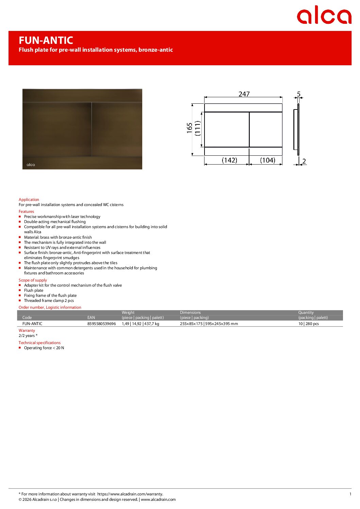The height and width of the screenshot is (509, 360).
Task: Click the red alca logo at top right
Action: [324, 15]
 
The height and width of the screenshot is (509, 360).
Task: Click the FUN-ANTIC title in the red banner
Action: [46, 40]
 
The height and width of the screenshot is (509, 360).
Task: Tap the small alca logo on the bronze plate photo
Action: [31, 165]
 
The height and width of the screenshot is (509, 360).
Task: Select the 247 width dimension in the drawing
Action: [244, 94]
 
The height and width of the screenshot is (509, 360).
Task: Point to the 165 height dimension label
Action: [190, 128]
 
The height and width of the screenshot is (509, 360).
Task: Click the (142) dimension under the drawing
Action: [229, 160]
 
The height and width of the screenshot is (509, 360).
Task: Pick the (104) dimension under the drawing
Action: [267, 160]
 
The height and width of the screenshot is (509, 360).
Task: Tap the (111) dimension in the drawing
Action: [198, 128]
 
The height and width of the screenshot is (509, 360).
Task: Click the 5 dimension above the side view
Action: [299, 94]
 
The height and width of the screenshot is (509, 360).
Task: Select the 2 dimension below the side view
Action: [304, 161]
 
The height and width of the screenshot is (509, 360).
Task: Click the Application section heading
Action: [29, 200]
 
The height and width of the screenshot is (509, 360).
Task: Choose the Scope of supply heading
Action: [33, 280]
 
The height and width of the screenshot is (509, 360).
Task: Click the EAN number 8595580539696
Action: [101, 324]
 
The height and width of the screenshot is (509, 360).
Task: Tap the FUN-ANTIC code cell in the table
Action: [32, 324]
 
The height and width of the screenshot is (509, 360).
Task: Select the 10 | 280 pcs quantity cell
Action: [309, 324]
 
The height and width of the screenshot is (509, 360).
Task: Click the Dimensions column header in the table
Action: [190, 312]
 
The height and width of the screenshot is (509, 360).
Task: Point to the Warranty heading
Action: [27, 330]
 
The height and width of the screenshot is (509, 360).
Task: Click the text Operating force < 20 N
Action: [44, 348]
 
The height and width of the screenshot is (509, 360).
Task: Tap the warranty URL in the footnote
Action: [130, 494]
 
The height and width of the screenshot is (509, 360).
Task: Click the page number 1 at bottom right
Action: [350, 494]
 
